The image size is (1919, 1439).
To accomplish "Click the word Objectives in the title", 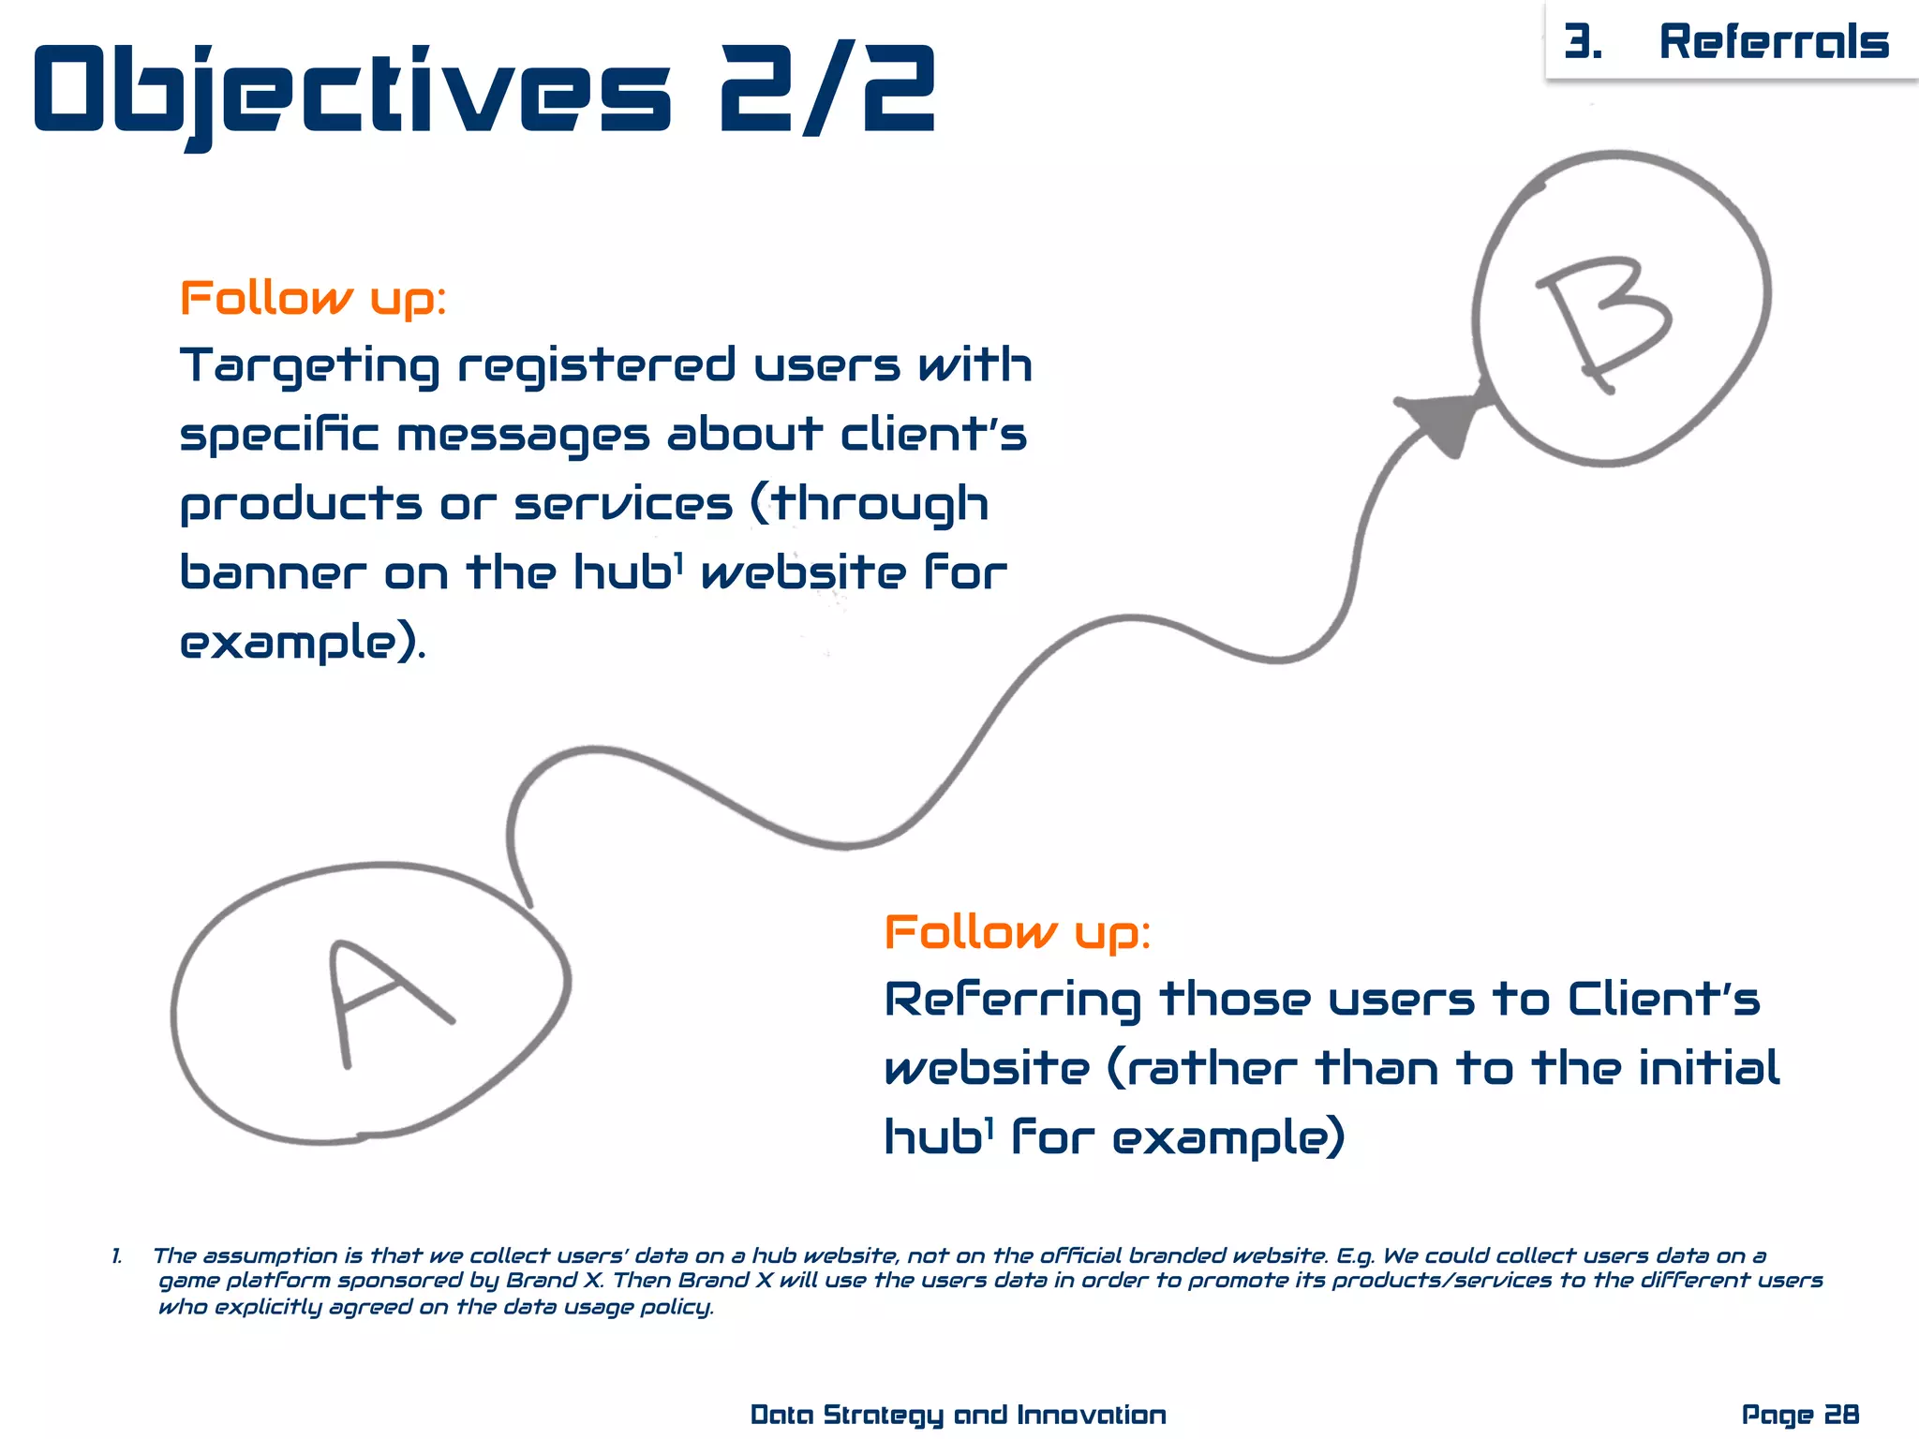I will tap(351, 91).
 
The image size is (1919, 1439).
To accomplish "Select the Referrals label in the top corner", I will tap(1774, 42).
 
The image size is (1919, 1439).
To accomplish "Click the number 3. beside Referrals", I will tap(1583, 42).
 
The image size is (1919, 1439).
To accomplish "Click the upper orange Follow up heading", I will tap(313, 299).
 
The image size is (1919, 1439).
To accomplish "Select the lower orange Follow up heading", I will tap(1017, 932).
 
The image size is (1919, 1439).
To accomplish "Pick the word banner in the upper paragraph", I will tap(273, 572).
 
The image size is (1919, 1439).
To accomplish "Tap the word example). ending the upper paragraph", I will tap(302, 643).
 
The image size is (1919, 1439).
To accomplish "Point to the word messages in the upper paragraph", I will tap(523, 436).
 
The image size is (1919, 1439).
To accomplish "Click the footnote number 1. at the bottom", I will tap(117, 1256).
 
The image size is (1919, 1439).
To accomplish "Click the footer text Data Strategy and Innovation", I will tap(958, 1415).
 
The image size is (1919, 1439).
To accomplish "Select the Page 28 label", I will tap(1800, 1415).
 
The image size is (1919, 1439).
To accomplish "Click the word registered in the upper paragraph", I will tap(597, 366).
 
